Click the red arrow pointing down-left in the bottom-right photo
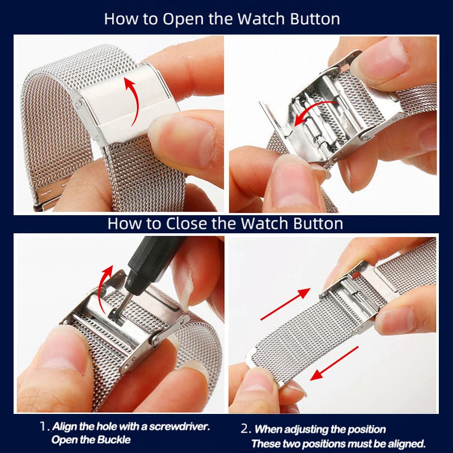(335, 362)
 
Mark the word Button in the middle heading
(319, 223)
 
